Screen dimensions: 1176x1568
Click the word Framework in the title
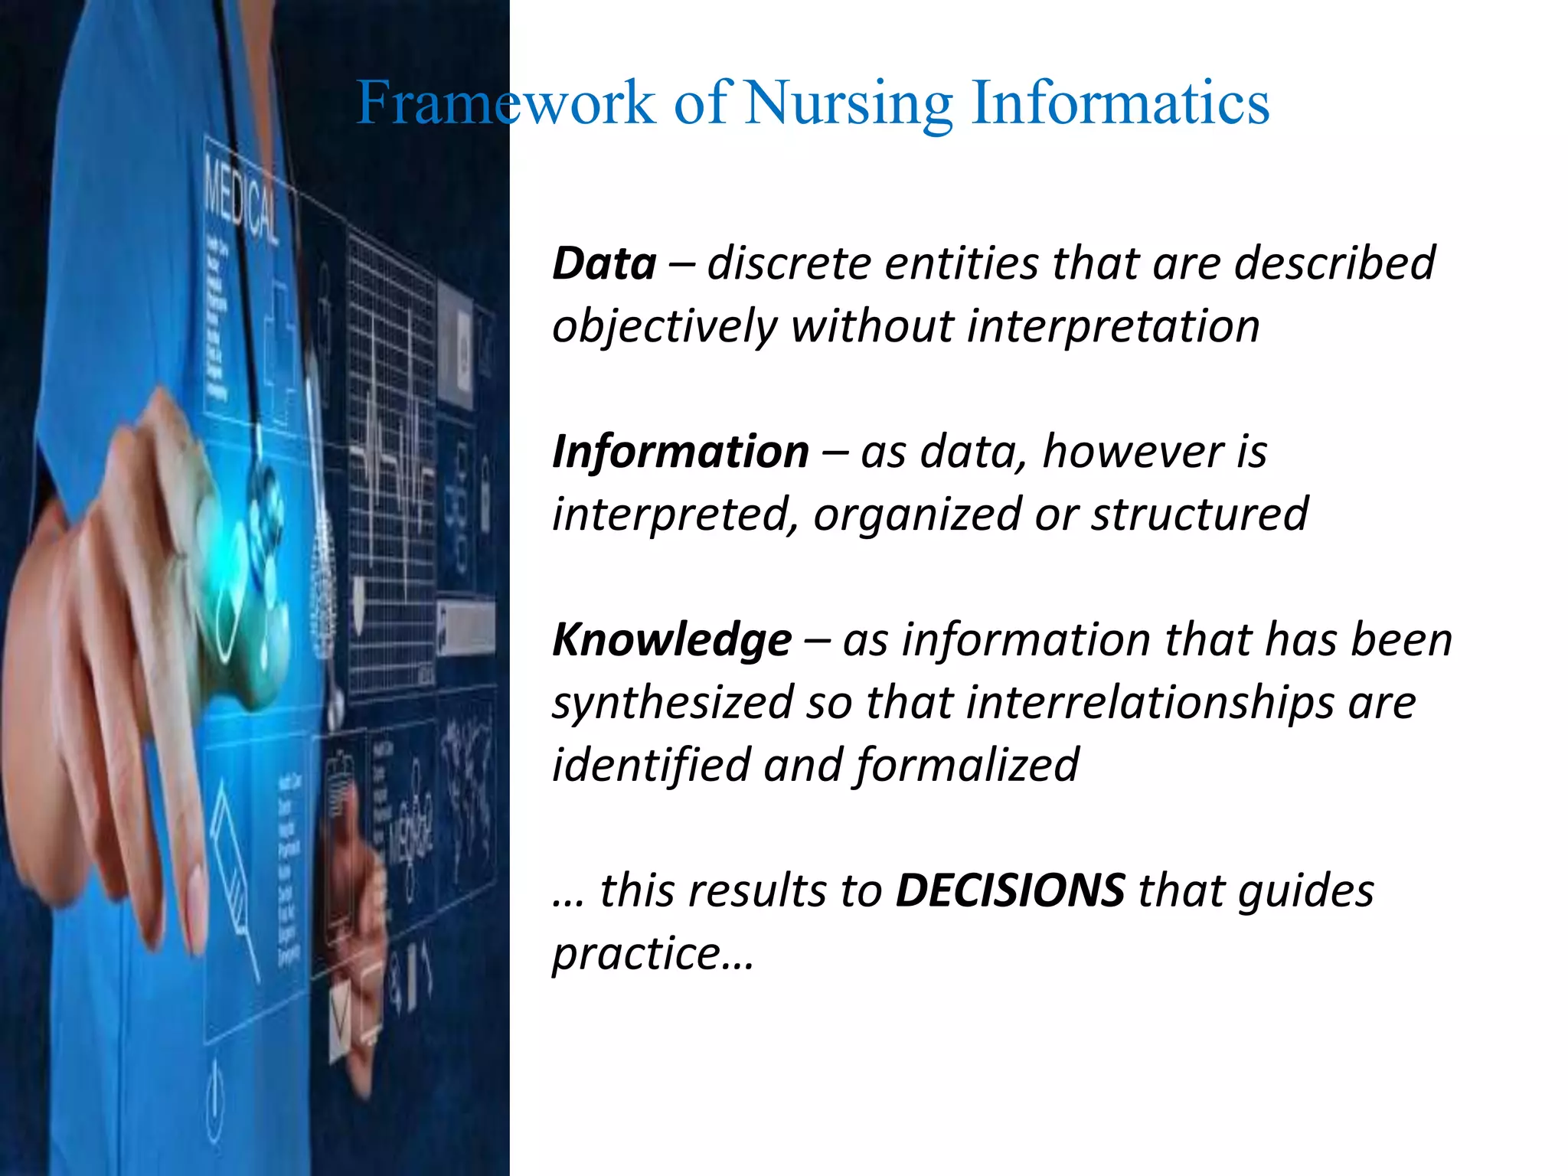506,103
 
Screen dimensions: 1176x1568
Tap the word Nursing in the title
848,104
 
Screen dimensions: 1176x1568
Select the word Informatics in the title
1120,103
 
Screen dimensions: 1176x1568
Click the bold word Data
604,264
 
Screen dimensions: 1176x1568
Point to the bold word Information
680,452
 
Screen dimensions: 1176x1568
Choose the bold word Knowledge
671,640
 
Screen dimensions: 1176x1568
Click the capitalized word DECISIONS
1010,890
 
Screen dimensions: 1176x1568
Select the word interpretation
1113,326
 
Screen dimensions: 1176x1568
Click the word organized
916,514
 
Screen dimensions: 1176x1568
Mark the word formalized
967,766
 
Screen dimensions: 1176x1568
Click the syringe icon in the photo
234,880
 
